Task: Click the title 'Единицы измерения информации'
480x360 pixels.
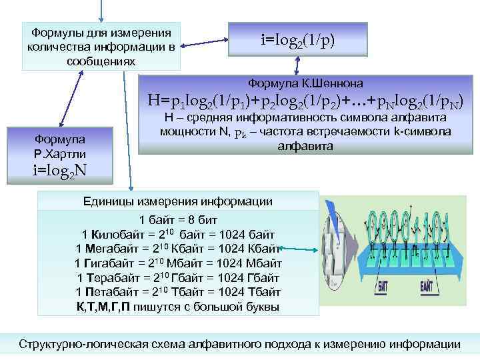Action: pos(177,201)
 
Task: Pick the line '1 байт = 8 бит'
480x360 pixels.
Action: pos(178,220)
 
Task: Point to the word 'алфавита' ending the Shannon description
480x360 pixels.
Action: pos(306,145)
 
